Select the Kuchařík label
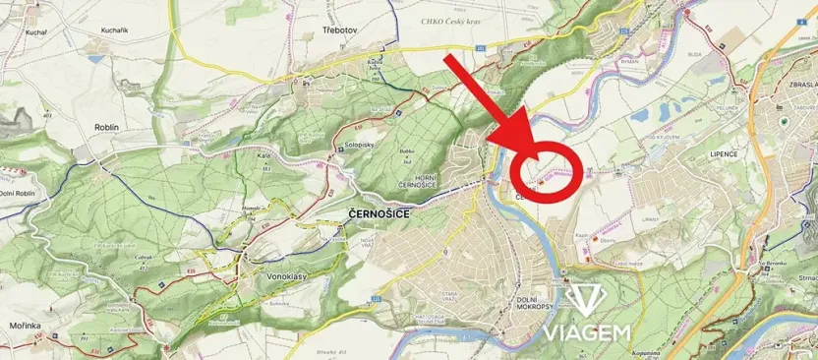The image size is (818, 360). tap(114, 30)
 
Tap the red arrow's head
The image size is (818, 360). tap(527, 148)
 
